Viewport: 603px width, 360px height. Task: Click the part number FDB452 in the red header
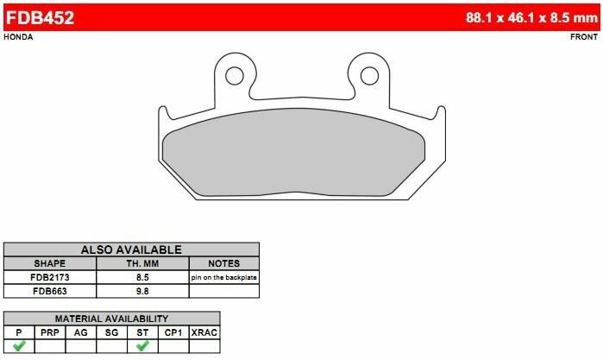[40, 16]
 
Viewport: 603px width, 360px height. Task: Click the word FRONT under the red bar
[585, 38]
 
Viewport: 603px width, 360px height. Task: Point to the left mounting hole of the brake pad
[231, 74]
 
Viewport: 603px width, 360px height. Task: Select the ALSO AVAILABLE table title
[131, 249]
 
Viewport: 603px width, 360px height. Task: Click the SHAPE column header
[50, 263]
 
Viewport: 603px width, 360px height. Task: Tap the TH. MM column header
[141, 263]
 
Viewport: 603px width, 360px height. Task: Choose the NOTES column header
[223, 263]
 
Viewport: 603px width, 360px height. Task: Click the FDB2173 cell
[50, 278]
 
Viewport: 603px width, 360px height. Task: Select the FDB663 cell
[50, 292]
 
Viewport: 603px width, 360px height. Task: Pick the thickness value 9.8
[141, 292]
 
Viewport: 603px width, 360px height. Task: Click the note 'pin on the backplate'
[223, 278]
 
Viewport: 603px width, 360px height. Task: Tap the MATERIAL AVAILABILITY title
[131, 319]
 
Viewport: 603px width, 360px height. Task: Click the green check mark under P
[18, 346]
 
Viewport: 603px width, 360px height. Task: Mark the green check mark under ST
[143, 346]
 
